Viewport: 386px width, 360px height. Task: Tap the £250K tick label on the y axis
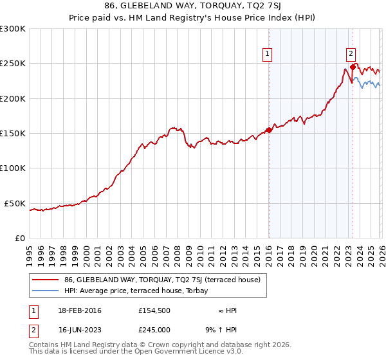click(x=13, y=64)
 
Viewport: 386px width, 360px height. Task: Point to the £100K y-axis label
click(x=13, y=168)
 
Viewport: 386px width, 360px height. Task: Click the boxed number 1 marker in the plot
click(x=267, y=55)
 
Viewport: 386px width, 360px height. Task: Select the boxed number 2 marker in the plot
click(x=351, y=55)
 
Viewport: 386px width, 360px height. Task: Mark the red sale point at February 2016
click(x=269, y=130)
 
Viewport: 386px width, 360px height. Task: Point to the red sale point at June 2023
click(x=353, y=67)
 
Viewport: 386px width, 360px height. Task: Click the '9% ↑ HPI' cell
click(x=225, y=330)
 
